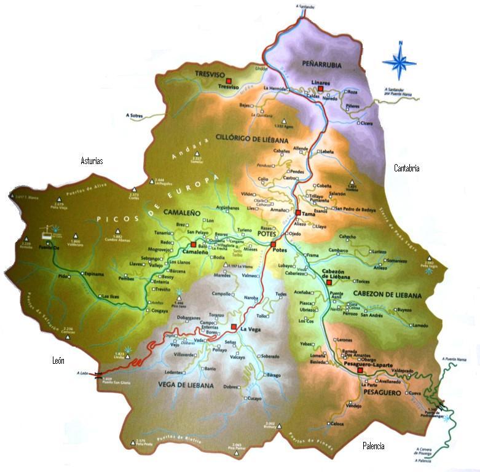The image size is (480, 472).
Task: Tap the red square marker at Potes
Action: (274, 245)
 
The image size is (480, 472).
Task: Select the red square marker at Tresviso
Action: (228, 81)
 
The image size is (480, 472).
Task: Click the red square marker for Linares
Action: (320, 88)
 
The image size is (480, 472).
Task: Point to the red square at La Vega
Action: (234, 326)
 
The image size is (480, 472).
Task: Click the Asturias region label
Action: (92, 161)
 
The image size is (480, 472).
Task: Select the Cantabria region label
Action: (406, 168)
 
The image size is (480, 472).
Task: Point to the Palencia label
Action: (373, 446)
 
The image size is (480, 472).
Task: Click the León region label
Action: (58, 361)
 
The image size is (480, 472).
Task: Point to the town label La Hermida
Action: (275, 88)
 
